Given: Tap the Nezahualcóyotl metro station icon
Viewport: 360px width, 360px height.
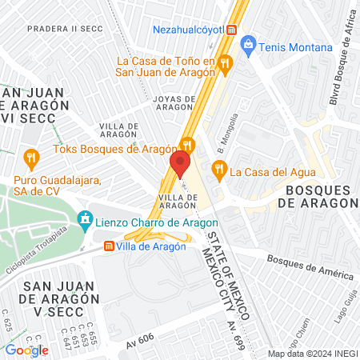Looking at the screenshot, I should point(231,30).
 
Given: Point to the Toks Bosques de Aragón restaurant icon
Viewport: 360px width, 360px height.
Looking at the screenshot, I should point(187,145).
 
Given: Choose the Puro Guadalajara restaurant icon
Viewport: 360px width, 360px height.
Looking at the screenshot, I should point(31,155).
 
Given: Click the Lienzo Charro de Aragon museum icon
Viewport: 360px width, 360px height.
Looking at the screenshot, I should point(84,218).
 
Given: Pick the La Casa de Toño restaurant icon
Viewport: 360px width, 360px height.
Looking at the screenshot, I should point(226,62).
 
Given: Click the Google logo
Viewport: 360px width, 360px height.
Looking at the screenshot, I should point(26,350).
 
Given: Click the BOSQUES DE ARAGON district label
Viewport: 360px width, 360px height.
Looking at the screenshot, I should point(318,196).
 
